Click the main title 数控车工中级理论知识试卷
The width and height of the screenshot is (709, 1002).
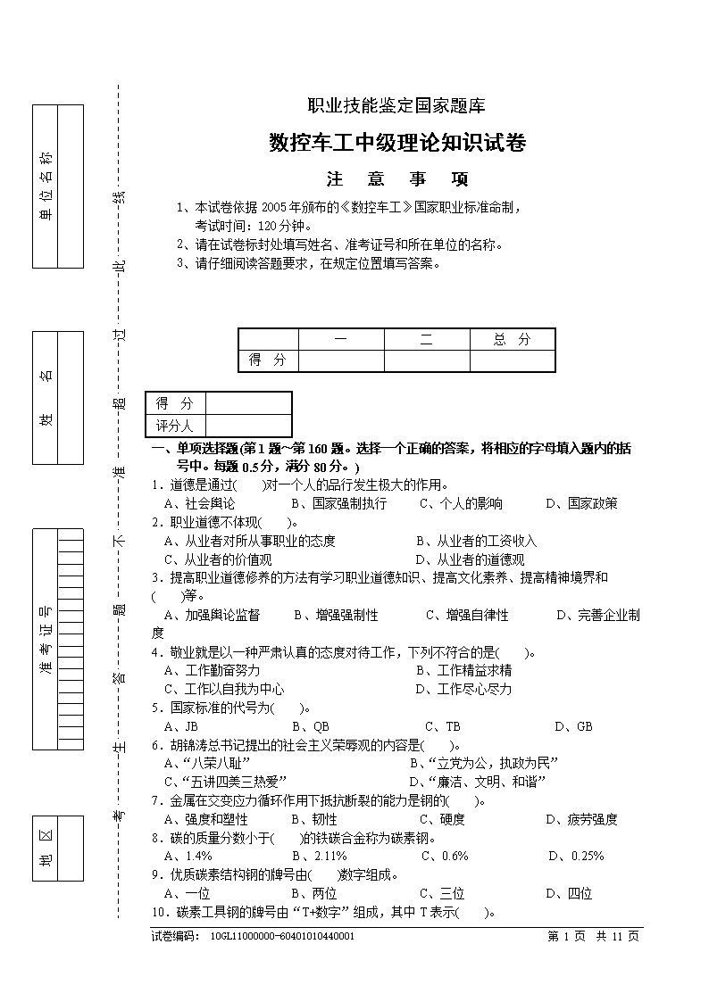point(397,143)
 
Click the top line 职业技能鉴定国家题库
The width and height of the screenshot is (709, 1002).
point(396,105)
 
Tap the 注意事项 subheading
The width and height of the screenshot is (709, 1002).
point(397,179)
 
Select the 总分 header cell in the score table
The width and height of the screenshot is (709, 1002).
point(512,339)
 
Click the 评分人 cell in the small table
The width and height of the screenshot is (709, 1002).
point(175,426)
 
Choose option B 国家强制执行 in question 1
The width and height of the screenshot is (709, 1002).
point(339,503)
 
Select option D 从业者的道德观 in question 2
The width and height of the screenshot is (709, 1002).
point(470,559)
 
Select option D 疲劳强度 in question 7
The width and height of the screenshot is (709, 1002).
point(581,819)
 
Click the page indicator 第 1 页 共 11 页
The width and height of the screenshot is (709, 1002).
point(593,936)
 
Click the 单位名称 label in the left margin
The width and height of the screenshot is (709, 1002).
point(45,186)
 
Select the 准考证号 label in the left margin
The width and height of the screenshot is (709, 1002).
point(45,639)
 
